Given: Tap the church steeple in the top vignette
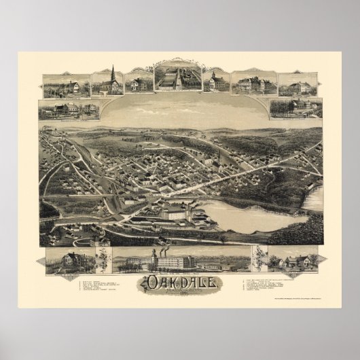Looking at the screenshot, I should point(112,73).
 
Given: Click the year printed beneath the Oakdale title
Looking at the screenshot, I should point(180,294).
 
